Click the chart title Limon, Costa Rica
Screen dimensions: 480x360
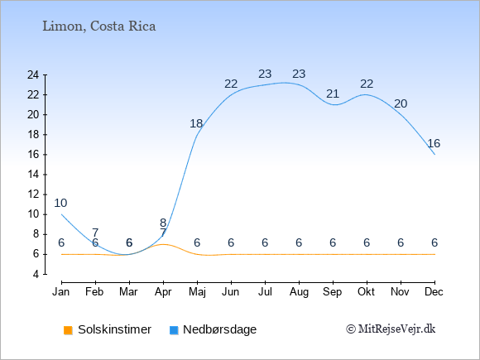(98, 26)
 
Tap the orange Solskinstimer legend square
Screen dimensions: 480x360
(68, 330)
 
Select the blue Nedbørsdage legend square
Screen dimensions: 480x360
(174, 330)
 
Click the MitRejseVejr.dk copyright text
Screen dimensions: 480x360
(391, 329)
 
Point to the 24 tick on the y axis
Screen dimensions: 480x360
(33, 74)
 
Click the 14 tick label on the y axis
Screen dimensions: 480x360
(33, 175)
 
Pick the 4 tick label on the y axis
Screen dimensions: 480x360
(36, 274)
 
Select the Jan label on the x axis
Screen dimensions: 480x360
(61, 292)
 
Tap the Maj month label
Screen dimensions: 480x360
(197, 292)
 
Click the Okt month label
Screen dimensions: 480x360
(367, 292)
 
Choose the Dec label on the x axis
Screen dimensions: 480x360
(434, 292)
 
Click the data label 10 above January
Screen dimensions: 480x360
(60, 203)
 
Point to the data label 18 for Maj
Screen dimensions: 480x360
(196, 123)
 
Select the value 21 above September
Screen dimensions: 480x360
(333, 94)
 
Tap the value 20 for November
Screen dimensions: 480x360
(401, 103)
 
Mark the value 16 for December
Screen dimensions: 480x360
(434, 143)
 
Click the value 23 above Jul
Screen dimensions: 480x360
(265, 74)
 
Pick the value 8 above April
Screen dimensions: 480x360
(163, 223)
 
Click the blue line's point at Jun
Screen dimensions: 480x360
(231, 94)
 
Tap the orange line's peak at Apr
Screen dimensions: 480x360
(163, 244)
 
